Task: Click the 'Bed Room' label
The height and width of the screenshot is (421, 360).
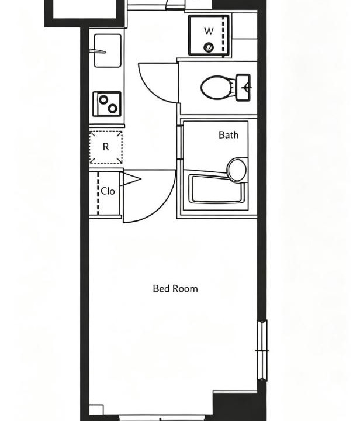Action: [175, 289]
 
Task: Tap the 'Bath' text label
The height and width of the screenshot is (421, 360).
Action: [229, 135]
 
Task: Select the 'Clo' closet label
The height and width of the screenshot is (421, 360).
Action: [108, 191]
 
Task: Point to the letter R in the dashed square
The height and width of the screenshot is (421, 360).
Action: [106, 147]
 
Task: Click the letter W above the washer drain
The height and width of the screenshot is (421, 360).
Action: [209, 32]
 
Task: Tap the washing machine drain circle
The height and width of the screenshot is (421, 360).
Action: [209, 47]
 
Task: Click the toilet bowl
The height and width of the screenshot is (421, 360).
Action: [216, 88]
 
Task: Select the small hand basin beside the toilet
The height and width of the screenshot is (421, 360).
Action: [243, 88]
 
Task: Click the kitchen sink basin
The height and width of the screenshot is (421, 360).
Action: [108, 50]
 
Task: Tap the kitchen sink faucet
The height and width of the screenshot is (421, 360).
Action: [98, 51]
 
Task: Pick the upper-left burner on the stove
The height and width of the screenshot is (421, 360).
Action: [103, 100]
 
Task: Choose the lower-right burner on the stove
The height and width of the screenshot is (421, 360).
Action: [113, 108]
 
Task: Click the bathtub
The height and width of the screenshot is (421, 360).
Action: [217, 189]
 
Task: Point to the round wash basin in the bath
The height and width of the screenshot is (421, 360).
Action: [237, 170]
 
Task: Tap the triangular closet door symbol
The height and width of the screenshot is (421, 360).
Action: [131, 179]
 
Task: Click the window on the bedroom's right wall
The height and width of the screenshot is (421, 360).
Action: [262, 350]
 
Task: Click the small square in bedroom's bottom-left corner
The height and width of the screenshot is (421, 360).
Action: [96, 409]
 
